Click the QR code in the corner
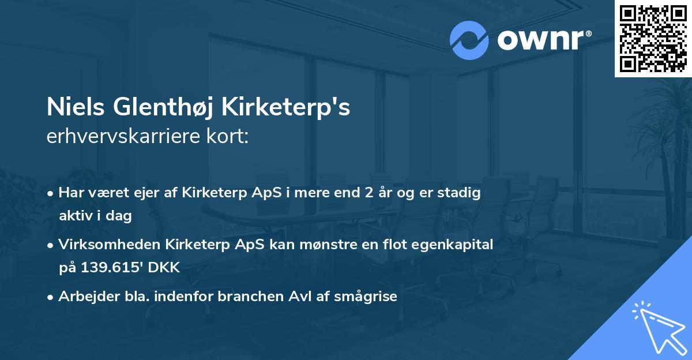tap(653, 38)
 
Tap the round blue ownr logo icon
tap(469, 40)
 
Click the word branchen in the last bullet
tap(246, 297)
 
